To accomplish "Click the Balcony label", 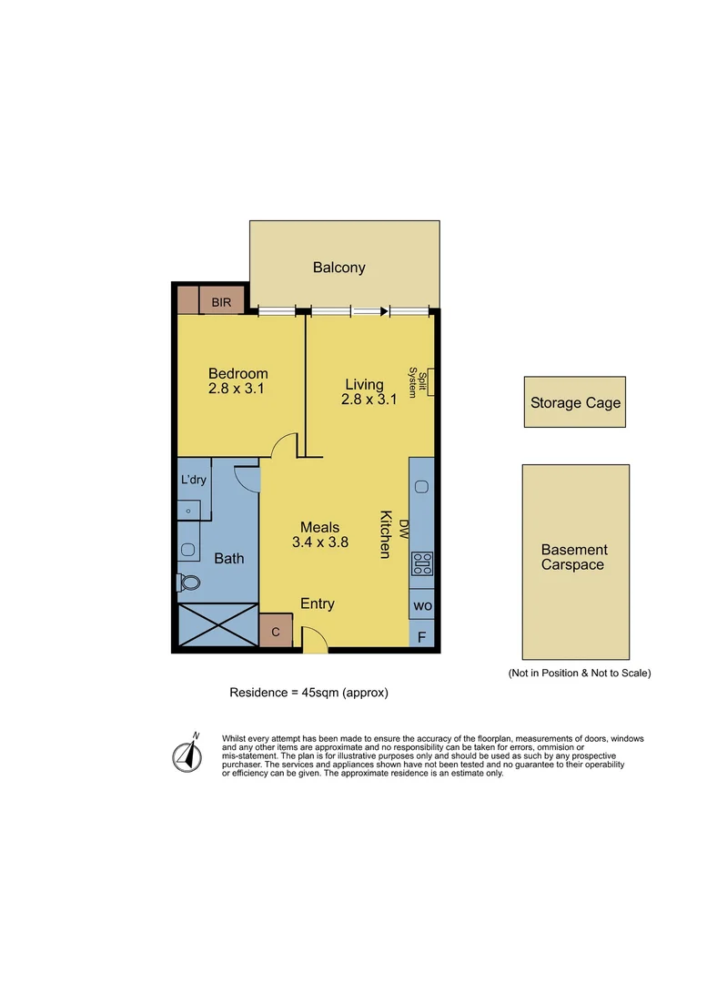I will click(338, 268).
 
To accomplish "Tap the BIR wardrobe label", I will click(221, 301).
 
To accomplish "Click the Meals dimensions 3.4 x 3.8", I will click(320, 542).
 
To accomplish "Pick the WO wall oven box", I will click(423, 605).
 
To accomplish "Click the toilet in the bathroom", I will click(188, 583).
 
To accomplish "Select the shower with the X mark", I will click(217, 626).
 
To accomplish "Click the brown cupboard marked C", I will click(276, 631).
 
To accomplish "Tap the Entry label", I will click(318, 603).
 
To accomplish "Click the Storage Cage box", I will click(575, 402).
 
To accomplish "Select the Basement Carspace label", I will click(574, 557).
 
